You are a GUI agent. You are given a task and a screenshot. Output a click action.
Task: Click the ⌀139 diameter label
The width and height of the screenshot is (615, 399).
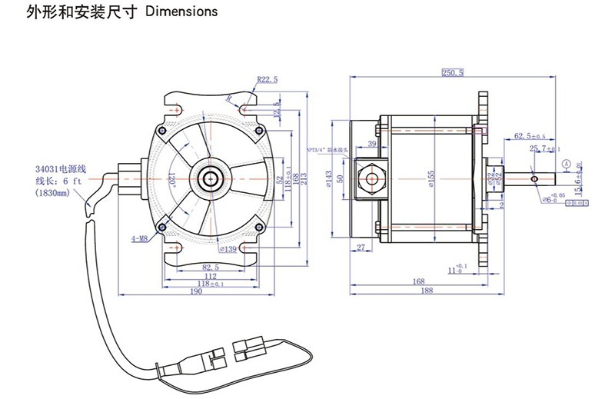[x=228, y=249]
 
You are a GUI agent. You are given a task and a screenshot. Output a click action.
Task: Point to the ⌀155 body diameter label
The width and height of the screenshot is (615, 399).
[x=430, y=178]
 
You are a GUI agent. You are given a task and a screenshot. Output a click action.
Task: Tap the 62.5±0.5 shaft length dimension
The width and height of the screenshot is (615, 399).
[x=530, y=136]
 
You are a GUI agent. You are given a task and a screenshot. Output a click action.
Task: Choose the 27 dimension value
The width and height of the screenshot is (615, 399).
[x=362, y=248]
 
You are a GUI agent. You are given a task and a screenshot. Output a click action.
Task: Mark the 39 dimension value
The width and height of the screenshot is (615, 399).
[x=372, y=144]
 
